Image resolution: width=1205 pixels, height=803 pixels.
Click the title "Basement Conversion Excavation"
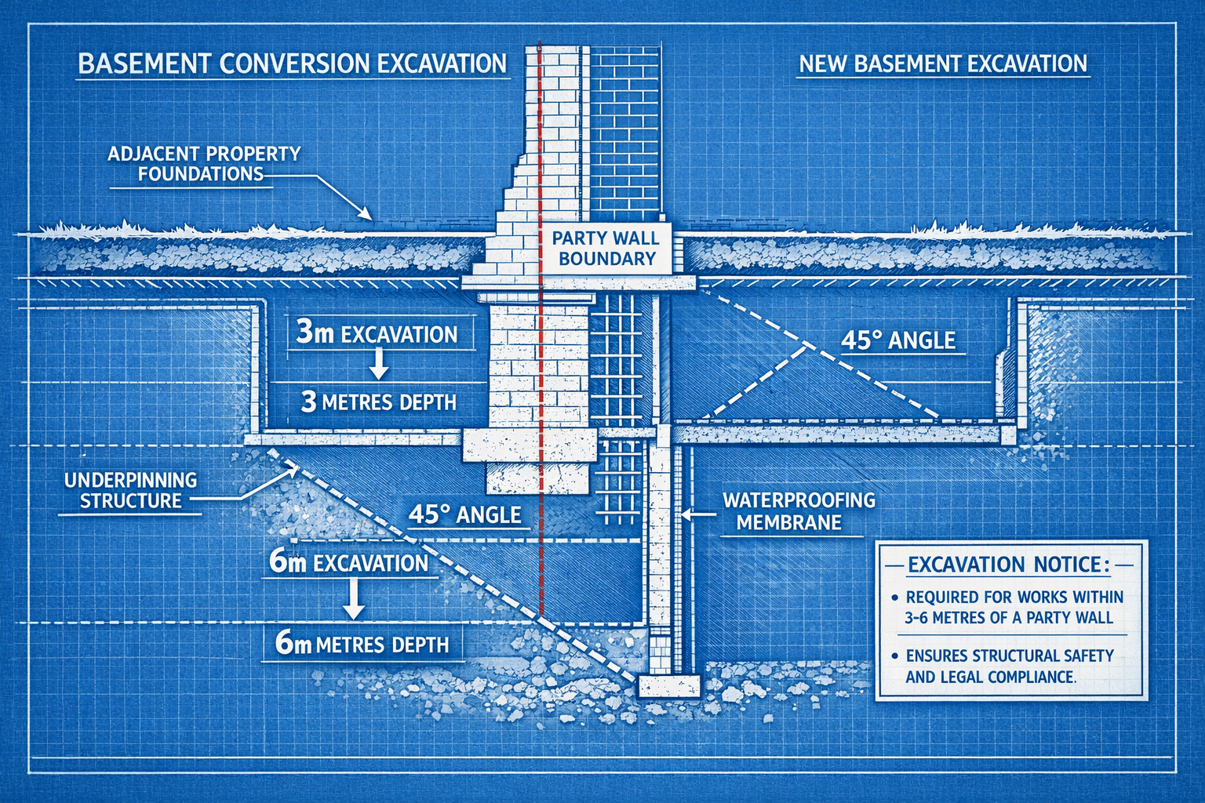coord(293,64)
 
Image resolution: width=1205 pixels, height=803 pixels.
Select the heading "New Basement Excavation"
coord(942,64)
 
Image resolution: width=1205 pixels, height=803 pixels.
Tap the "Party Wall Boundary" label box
coord(606,249)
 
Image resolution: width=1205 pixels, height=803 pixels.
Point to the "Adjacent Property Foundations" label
coord(203,164)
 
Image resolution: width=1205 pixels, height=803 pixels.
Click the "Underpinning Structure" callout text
coord(130,490)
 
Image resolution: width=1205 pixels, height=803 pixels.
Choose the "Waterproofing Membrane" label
coord(798,511)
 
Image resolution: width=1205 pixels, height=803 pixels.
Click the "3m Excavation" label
coord(377,334)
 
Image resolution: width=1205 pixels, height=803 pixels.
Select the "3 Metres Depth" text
coord(379,402)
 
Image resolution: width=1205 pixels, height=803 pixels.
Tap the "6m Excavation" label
coord(348,562)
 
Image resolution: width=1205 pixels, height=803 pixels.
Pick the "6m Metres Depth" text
coord(362,645)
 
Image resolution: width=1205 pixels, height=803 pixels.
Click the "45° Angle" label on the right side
coord(897,340)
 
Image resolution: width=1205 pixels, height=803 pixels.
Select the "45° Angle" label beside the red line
coord(464,514)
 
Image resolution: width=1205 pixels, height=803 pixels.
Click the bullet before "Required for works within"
coord(894,598)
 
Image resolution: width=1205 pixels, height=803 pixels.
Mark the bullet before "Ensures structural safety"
coord(894,656)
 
